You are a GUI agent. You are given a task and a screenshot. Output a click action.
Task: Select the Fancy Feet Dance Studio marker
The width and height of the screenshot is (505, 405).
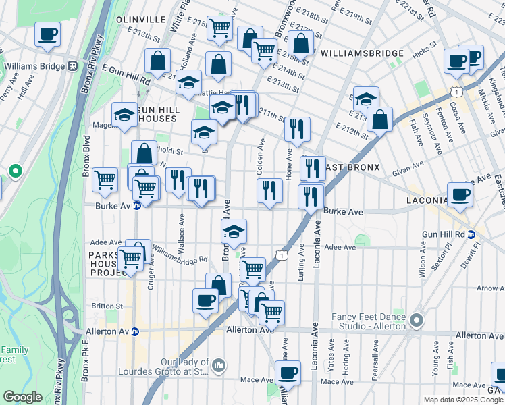click(417, 319)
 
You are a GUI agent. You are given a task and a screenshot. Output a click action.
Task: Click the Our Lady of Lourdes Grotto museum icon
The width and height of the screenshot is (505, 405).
click(218, 366)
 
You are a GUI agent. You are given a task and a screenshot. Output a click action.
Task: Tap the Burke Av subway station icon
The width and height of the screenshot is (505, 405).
click(136, 207)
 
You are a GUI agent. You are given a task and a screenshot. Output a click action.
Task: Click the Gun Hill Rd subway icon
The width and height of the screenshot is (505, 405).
click(471, 234)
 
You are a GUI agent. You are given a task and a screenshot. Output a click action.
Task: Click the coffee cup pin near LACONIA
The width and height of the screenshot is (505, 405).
click(460, 194)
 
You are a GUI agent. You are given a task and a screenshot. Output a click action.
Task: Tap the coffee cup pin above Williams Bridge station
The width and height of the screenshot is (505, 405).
click(47, 34)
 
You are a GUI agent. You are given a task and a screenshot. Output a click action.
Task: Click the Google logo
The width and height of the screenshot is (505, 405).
click(22, 397)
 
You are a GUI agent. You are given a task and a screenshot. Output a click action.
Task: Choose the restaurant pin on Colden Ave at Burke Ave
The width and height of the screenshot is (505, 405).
click(269, 191)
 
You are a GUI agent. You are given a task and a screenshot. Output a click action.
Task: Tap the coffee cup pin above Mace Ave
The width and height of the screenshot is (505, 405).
click(288, 373)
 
